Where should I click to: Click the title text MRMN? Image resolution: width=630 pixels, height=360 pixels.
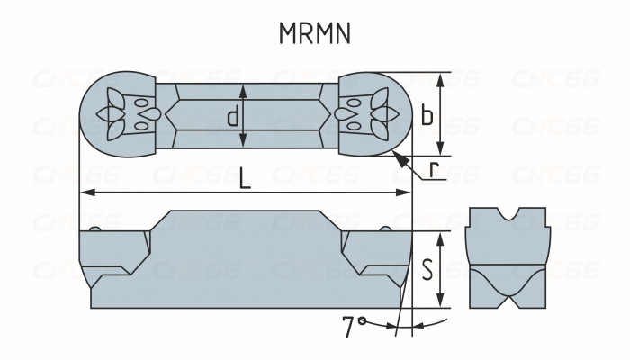(314, 33)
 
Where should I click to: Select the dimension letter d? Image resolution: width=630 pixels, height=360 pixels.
(232, 116)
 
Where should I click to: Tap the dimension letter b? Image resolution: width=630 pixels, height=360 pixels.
(427, 115)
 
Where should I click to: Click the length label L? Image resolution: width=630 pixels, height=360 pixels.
(245, 177)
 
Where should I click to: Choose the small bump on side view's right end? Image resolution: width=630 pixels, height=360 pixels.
(385, 229)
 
